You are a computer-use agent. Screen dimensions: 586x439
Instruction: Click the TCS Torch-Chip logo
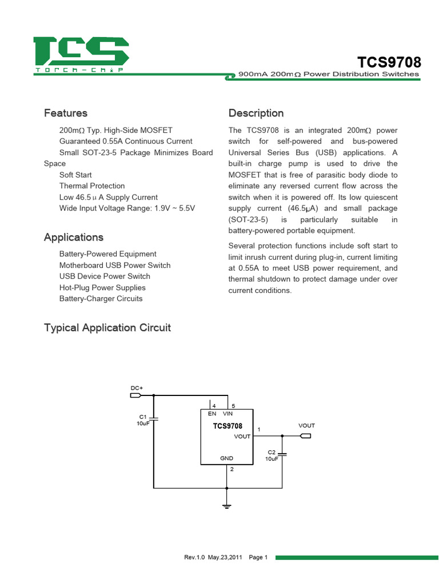81,54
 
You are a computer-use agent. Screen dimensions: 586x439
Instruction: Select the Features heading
66,113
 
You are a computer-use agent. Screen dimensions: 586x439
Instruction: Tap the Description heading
256,113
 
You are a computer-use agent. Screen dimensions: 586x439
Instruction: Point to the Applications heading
74,237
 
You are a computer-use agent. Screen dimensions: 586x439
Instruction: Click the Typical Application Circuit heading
107,328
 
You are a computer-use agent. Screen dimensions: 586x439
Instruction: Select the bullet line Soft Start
75,175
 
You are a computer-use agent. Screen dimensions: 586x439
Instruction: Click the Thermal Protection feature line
91,186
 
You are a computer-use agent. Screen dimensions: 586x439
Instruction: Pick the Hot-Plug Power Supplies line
102,287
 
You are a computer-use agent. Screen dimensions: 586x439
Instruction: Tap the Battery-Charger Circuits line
101,299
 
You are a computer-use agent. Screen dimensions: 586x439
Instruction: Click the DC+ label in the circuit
137,388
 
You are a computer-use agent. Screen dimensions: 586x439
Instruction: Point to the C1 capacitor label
143,417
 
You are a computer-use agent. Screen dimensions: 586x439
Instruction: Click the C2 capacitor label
272,452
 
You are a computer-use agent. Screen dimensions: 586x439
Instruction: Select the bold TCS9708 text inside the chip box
228,426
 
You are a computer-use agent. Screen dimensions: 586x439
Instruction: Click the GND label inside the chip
227,458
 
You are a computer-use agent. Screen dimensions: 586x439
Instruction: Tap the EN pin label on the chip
211,413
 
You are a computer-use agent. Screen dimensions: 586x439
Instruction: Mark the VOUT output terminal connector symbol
306,437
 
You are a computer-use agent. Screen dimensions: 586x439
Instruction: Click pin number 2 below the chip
232,469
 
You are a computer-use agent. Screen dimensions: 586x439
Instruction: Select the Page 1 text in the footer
258,557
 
